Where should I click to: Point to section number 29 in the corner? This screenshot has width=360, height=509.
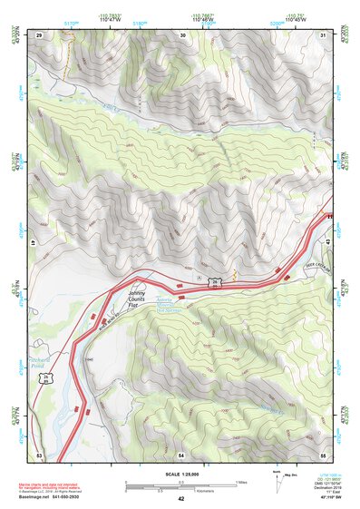click(x=39, y=34)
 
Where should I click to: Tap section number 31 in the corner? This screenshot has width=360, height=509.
click(x=323, y=34)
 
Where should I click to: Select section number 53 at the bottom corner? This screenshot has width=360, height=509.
click(x=39, y=454)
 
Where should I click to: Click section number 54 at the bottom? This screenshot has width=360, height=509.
click(x=181, y=454)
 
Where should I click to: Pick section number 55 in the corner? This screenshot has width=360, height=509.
click(x=323, y=454)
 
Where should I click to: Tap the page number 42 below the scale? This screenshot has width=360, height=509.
click(x=180, y=499)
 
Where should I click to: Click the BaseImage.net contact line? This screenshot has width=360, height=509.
click(x=63, y=497)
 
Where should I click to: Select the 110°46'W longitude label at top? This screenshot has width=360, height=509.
click(x=201, y=19)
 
